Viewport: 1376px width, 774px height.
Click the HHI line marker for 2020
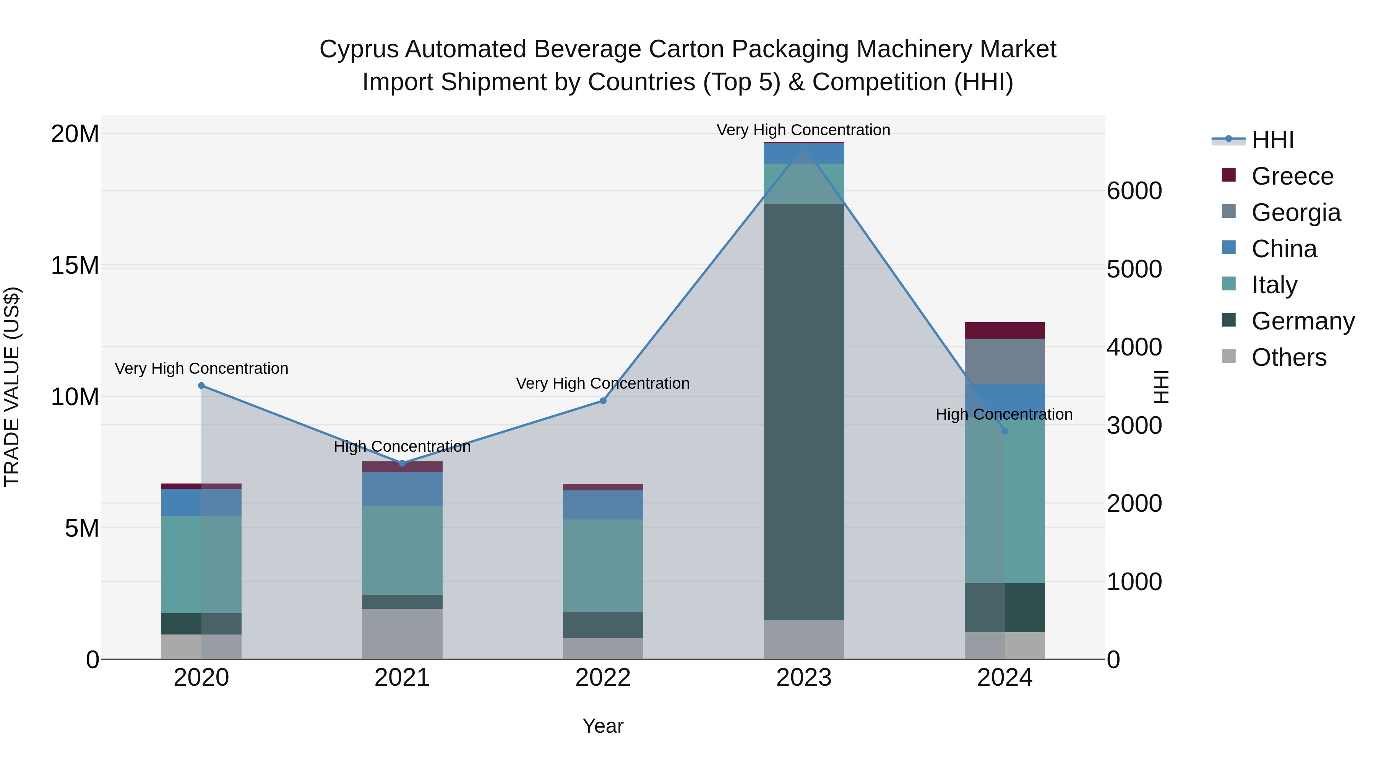coord(201,386)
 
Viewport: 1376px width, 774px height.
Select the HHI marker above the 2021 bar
coord(402,463)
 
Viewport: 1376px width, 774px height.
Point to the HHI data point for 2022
coord(603,401)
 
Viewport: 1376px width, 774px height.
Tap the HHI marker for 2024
coord(1005,430)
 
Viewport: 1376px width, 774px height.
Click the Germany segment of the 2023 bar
coord(804,411)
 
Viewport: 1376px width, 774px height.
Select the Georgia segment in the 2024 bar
coord(1005,361)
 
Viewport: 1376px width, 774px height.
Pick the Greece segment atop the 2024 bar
coord(1005,330)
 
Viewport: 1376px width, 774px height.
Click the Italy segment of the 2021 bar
coord(402,550)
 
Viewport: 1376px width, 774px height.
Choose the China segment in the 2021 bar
coord(402,489)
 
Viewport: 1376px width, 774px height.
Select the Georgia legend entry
coord(1295,213)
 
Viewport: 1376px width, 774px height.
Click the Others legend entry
coord(1288,357)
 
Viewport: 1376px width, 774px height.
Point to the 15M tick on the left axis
coord(75,266)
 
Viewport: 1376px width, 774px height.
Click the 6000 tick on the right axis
coord(1134,191)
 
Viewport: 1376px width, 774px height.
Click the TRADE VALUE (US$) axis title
coord(12,387)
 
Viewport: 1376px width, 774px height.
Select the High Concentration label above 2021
coord(402,446)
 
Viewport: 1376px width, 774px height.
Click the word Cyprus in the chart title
coord(359,49)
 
